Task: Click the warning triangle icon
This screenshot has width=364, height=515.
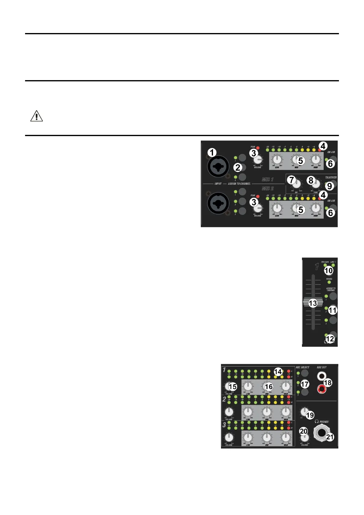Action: tap(36, 116)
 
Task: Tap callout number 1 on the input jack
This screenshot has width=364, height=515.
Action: tap(212, 152)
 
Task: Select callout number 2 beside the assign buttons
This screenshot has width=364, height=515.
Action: tap(238, 167)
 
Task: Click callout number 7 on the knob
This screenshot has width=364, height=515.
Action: tap(292, 180)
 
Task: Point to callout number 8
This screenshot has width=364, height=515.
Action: tap(311, 180)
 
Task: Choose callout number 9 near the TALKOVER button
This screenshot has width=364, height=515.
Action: tap(329, 186)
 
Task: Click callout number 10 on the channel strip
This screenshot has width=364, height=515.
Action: tap(329, 270)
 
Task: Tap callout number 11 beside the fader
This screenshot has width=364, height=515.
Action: tap(332, 310)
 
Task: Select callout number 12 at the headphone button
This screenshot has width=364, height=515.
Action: tap(330, 339)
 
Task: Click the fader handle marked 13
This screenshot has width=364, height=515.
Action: tap(313, 303)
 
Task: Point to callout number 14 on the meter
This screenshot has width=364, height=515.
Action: tap(278, 372)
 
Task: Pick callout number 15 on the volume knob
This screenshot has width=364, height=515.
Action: tap(233, 387)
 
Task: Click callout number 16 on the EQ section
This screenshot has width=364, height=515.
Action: tap(269, 387)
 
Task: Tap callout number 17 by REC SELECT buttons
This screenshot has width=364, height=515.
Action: tap(305, 384)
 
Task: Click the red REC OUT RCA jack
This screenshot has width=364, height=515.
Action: tap(321, 389)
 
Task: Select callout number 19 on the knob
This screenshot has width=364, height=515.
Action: tap(310, 415)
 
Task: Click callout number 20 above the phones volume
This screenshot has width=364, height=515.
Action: tap(303, 431)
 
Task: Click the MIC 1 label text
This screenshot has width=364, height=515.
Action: tap(267, 180)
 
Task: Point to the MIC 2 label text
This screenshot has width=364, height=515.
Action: tap(267, 188)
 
